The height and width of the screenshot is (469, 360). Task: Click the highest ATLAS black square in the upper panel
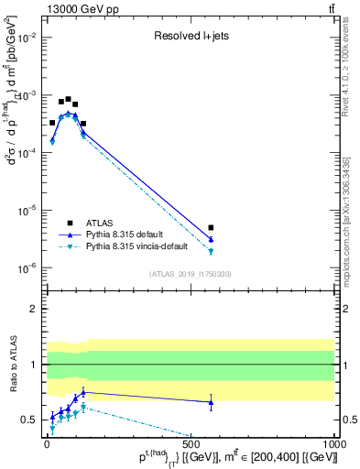point(68,99)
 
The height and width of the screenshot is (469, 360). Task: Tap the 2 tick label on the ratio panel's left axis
point(30,309)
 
